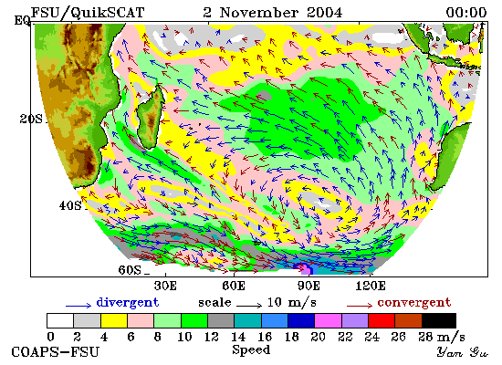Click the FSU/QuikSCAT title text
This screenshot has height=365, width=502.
pos(88,13)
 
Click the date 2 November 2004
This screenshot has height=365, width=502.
pos(273,13)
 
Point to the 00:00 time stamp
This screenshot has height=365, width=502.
pos(466,13)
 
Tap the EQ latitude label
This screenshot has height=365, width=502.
pos(23,21)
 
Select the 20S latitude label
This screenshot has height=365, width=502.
pos(31,120)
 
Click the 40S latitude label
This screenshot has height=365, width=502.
pos(70,205)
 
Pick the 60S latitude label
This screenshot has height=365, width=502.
pos(130,270)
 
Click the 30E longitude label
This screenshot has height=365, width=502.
pos(165,286)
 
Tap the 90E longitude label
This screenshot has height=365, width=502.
pos(308,286)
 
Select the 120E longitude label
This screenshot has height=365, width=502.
pos(371,286)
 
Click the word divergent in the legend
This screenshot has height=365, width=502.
pos(128,303)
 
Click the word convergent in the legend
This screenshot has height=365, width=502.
pos(414,303)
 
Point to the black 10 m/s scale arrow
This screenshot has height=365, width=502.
pos(249,306)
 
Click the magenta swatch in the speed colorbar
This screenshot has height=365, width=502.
pos(328,321)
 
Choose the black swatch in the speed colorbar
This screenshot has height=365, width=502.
pos(439,321)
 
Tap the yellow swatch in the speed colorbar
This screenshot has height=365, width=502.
pos(114,321)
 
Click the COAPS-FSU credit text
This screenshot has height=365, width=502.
pos(56,352)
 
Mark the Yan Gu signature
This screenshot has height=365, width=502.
pos(463,352)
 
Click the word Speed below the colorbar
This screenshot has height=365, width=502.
pos(251,349)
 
